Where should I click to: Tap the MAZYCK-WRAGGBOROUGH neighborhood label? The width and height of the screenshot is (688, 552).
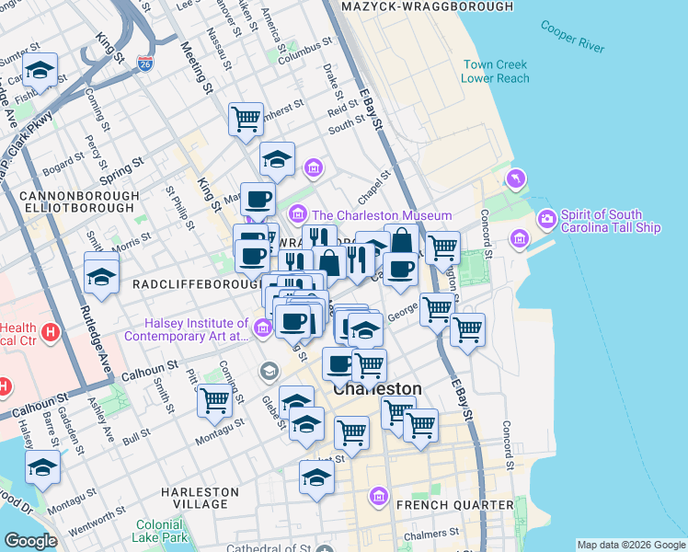[427, 6]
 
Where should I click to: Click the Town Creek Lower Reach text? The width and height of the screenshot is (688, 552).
[496, 72]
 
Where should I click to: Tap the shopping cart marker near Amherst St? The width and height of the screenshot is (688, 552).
[246, 118]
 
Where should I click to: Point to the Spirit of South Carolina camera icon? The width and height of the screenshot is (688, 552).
[546, 217]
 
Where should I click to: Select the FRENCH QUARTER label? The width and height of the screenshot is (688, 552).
[454, 505]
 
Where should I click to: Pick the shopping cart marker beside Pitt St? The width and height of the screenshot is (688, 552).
[214, 400]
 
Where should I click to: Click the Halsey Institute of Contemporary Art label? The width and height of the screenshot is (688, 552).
[197, 330]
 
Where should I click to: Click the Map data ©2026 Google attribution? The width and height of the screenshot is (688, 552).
[631, 545]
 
